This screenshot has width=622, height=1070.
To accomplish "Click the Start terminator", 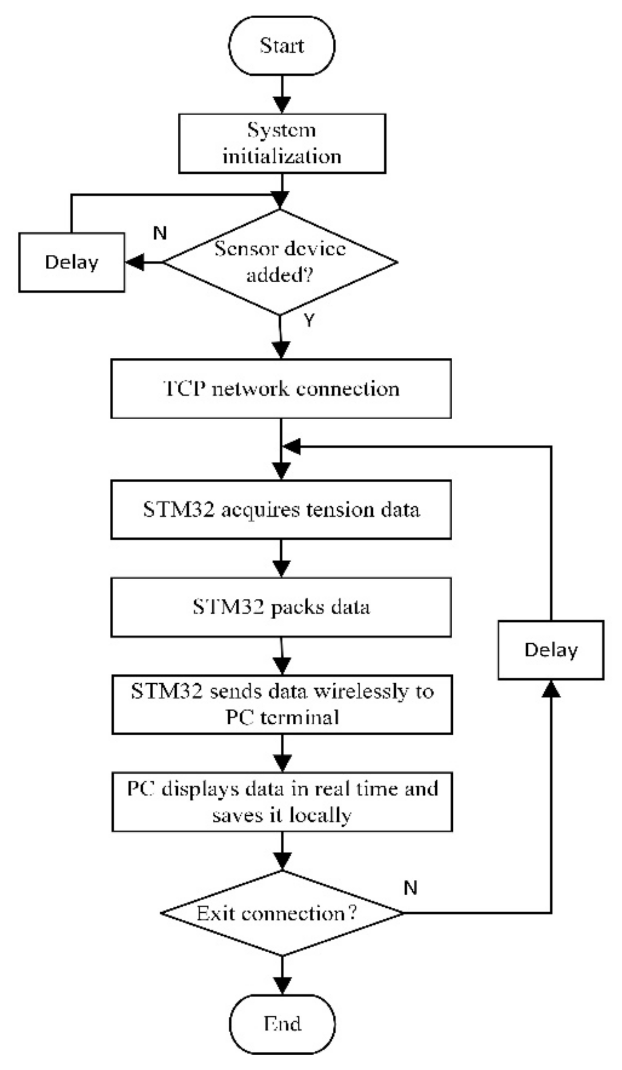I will [282, 45].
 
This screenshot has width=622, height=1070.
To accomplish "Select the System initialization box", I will [282, 143].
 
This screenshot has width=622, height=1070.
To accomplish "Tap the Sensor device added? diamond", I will [280, 262].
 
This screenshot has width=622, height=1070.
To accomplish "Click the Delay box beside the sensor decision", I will [72, 262].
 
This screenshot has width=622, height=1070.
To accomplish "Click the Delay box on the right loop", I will [550, 650].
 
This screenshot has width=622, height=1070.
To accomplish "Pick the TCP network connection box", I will [281, 389].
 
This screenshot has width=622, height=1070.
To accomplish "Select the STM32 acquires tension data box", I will [281, 509].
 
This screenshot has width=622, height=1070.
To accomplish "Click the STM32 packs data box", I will [281, 607].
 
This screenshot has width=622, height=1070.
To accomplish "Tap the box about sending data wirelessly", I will [282, 704].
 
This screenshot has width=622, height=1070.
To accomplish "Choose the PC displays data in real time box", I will [282, 801].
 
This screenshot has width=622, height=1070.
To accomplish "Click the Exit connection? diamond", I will [282, 913].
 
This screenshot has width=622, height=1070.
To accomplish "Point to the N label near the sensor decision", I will [159, 233].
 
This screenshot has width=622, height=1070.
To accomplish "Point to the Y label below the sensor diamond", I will [309, 320].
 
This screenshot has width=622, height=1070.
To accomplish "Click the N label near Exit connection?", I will [411, 888].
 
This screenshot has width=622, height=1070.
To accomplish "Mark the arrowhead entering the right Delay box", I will [551, 689].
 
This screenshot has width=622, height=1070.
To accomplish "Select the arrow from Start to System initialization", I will [282, 94].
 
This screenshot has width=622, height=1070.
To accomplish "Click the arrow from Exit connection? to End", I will [282, 975].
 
